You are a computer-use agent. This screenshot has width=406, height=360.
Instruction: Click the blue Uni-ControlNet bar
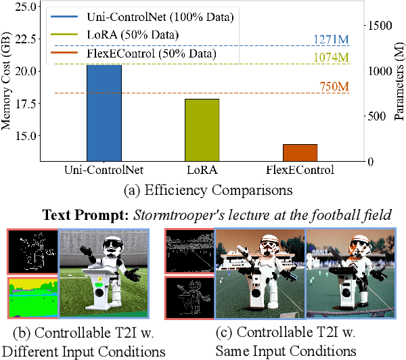pos(104,112)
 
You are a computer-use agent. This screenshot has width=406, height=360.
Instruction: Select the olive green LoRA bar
pos(202,129)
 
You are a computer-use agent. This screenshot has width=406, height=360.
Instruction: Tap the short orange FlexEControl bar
pos(300,152)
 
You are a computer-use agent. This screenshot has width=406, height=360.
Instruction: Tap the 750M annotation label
pos(335,86)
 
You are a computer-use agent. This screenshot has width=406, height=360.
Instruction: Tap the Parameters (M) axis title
pos(399,82)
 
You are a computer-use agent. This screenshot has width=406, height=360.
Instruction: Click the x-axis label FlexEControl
pos(300,170)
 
